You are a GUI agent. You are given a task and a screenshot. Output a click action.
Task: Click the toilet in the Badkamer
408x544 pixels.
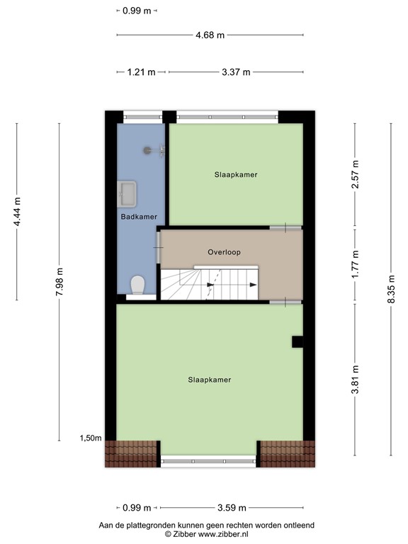137,285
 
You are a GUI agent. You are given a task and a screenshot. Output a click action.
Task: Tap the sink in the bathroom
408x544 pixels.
129,192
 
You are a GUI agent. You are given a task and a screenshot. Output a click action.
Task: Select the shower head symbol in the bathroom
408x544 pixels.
148,150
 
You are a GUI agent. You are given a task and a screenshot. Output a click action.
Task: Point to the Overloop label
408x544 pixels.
224,252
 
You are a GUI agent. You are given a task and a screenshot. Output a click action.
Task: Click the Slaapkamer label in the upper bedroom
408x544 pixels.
236,174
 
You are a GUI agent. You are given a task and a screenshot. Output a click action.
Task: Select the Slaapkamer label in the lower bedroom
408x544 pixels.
210,380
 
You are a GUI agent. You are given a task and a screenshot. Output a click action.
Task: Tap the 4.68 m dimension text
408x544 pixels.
210,35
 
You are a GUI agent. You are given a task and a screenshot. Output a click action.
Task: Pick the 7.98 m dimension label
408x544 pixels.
60,280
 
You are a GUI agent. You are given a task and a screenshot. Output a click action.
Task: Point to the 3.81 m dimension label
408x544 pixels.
355,379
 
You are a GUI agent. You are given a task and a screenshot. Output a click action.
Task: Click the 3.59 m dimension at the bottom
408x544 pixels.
231,507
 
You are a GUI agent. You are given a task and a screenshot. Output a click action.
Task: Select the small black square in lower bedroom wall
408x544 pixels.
297,341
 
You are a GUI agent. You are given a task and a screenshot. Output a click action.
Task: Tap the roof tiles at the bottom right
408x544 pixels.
287,453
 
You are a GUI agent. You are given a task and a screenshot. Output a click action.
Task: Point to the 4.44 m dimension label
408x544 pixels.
17,210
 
